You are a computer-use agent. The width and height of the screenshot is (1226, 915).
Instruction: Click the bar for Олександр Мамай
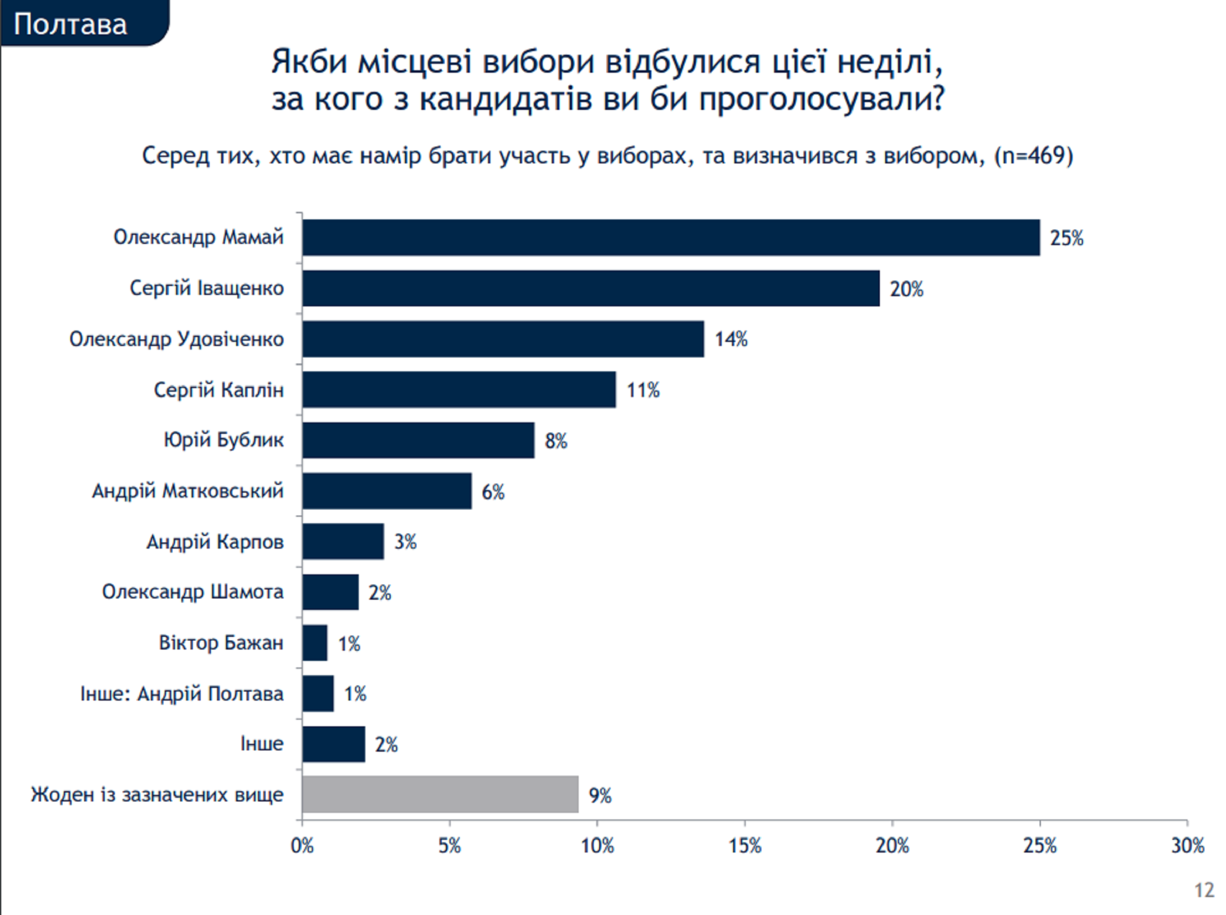(x=670, y=238)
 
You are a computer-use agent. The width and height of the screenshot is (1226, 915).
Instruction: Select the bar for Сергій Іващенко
(x=591, y=288)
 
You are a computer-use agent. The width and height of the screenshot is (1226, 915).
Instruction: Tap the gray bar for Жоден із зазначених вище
(x=440, y=794)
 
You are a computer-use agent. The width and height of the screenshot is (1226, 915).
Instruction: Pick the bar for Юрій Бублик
(x=418, y=440)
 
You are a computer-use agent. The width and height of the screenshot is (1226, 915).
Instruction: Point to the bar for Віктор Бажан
(x=315, y=643)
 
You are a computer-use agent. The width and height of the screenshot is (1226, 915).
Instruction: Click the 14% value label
(x=731, y=339)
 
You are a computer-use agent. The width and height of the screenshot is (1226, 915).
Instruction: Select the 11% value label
(x=643, y=391)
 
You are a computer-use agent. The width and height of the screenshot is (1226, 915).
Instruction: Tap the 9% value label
(x=600, y=796)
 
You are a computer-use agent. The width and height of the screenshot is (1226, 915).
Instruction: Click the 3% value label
(x=405, y=542)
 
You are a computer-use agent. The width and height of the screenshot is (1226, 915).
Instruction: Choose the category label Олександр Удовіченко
(x=176, y=339)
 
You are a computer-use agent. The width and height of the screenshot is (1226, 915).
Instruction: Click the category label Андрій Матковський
(x=187, y=491)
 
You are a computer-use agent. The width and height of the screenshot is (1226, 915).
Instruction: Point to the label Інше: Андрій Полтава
(x=182, y=694)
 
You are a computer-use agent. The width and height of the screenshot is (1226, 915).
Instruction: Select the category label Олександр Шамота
(x=192, y=592)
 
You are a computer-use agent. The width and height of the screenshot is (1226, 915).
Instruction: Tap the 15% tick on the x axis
(x=745, y=846)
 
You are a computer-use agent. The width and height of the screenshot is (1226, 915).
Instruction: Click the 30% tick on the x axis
(x=1187, y=846)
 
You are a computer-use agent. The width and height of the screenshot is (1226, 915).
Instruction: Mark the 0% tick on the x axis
(x=302, y=846)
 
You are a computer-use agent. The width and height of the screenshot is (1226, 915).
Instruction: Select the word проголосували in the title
(x=821, y=99)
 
